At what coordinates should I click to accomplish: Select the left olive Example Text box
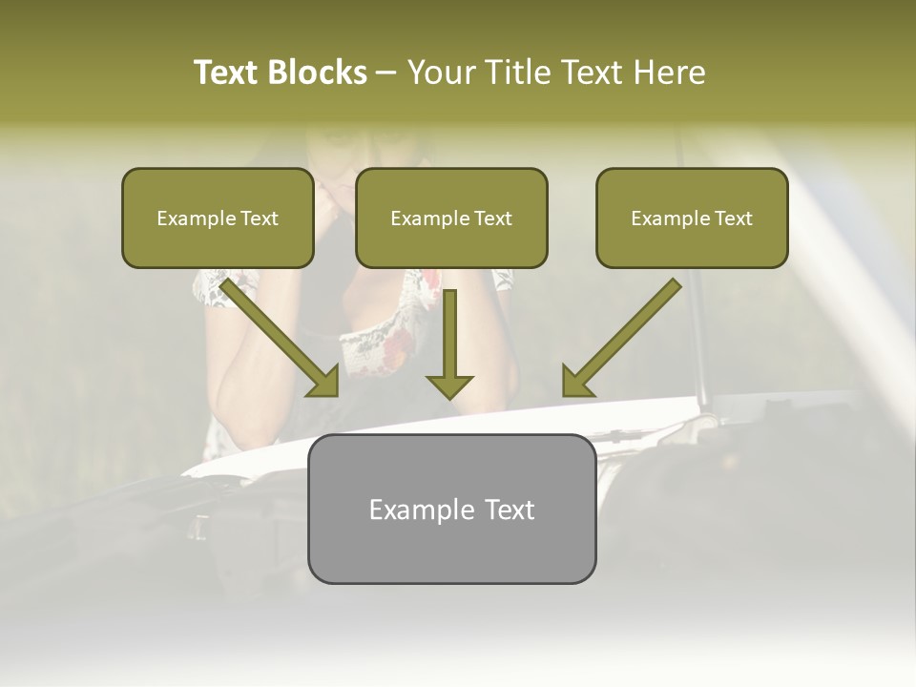click(218, 218)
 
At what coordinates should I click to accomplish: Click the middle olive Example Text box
click(451, 218)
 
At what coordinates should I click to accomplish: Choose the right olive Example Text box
click(692, 218)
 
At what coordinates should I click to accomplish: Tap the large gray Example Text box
click(451, 509)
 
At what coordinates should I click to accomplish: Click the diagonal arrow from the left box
click(277, 334)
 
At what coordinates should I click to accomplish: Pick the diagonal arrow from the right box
click(625, 334)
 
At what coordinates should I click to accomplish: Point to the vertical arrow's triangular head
click(449, 385)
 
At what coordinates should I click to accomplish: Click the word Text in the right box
click(733, 219)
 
